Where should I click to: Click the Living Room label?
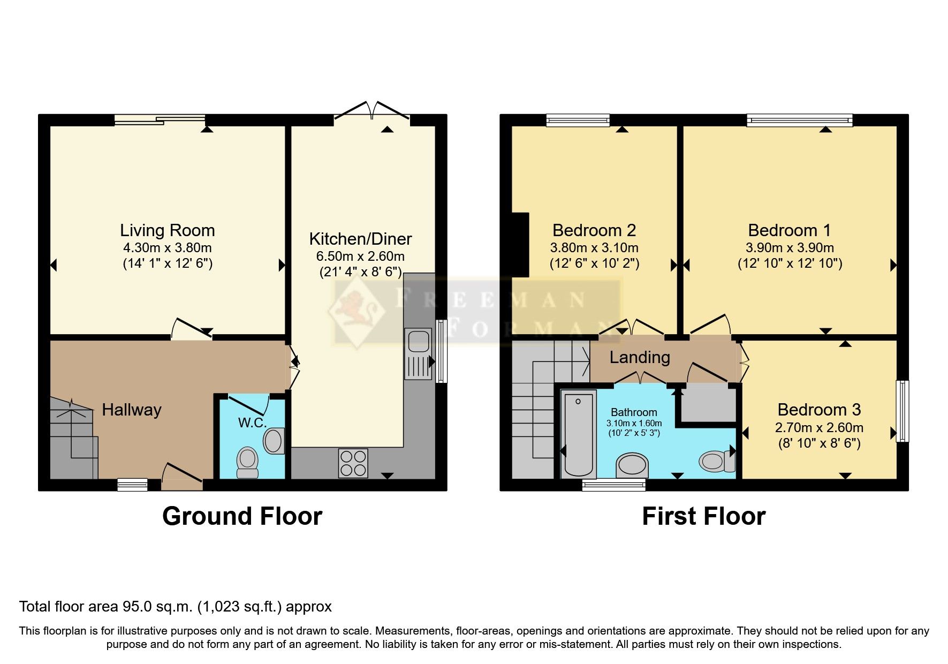[167, 230]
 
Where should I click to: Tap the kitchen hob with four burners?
[353, 463]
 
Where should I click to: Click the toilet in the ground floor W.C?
[247, 462]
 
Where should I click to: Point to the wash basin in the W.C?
[274, 441]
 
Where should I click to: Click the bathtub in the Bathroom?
[578, 434]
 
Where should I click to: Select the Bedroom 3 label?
[818, 410]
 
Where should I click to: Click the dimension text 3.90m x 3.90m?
[789, 248]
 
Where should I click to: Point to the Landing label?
[640, 357]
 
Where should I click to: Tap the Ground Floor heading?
[242, 516]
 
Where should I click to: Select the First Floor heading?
[703, 516]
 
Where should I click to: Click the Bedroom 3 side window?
[903, 411]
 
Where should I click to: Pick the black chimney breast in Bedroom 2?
[521, 245]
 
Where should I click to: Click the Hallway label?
[132, 410]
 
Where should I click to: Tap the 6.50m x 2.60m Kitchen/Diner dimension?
[360, 256]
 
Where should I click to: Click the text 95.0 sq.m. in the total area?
[157, 606]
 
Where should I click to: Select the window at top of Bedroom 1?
[799, 120]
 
